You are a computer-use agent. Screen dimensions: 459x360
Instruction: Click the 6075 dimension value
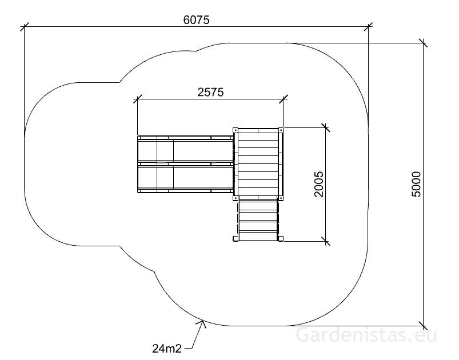point(197,20)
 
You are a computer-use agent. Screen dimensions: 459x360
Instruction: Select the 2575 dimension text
point(210,92)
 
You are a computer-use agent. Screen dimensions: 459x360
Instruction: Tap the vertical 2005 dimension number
point(319,184)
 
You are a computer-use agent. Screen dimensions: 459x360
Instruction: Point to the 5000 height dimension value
point(416,184)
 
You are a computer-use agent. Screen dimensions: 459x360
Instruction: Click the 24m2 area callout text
point(167,349)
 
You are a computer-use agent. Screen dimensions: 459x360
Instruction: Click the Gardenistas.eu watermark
point(366,335)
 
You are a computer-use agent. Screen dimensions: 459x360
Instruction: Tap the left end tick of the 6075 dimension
point(25,27)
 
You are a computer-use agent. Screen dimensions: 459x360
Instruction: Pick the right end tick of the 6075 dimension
point(368,27)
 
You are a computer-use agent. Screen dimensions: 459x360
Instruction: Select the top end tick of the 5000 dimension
point(422,43)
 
